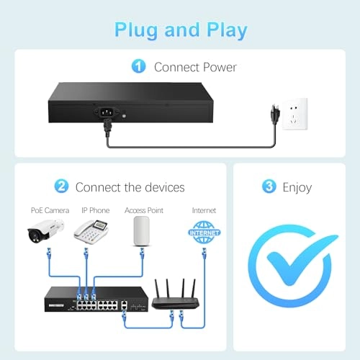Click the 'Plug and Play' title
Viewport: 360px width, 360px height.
pyautogui.click(x=181, y=30)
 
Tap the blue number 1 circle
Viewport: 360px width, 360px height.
pyautogui.click(x=138, y=66)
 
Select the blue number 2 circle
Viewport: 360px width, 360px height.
pyautogui.click(x=61, y=186)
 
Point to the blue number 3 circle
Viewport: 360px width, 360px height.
pyautogui.click(x=269, y=186)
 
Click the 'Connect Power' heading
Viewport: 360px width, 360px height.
pyautogui.click(x=195, y=67)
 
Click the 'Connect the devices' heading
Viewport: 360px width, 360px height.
pyautogui.click(x=130, y=187)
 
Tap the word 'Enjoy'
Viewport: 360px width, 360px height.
pyautogui.click(x=297, y=188)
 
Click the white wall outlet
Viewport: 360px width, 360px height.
pyautogui.click(x=294, y=114)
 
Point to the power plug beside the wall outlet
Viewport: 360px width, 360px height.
pyautogui.click(x=275, y=114)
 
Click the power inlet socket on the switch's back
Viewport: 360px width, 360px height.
pyautogui.click(x=105, y=112)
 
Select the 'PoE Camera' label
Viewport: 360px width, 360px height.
pyautogui.click(x=50, y=210)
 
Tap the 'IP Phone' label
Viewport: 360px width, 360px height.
pyautogui.click(x=96, y=210)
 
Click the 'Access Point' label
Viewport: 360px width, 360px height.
pyautogui.click(x=144, y=210)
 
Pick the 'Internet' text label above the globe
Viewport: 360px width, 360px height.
pyautogui.click(x=204, y=210)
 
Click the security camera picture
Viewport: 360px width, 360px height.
pyautogui.click(x=45, y=231)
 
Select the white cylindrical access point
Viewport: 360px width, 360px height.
pyautogui.click(x=142, y=231)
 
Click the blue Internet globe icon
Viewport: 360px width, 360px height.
pyautogui.click(x=204, y=233)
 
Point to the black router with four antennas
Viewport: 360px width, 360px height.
pyautogui.click(x=176, y=294)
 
